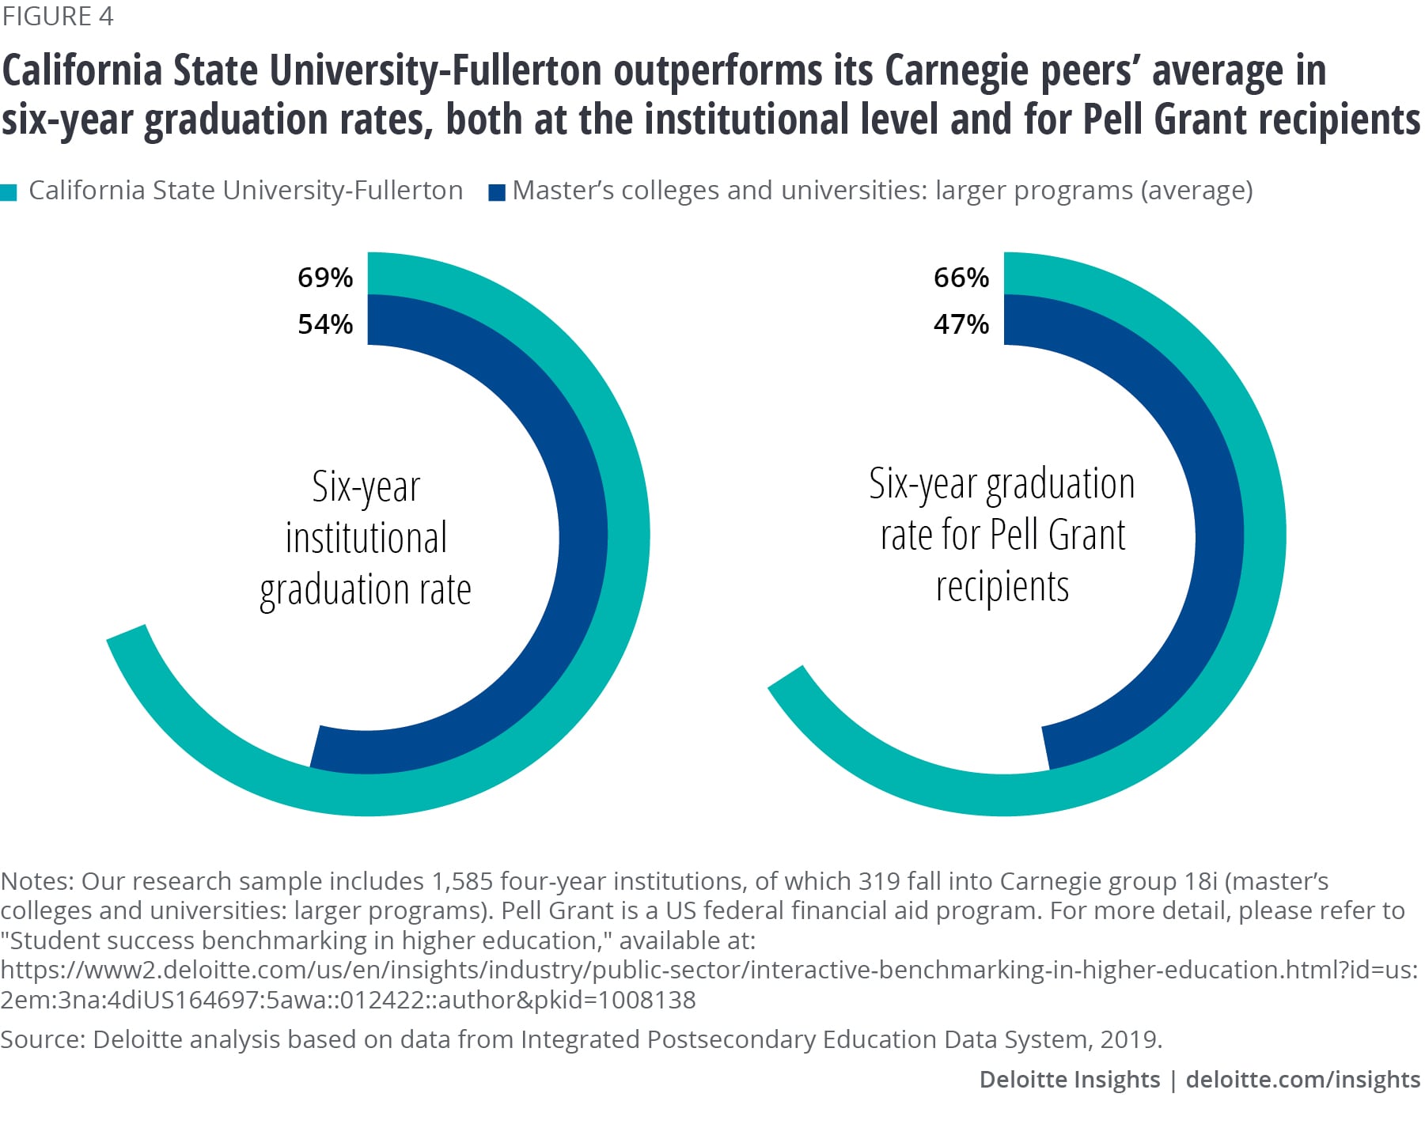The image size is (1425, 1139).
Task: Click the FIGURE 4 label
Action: tap(58, 17)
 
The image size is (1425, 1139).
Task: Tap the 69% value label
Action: tap(324, 278)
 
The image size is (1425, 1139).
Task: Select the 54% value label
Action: tap(324, 324)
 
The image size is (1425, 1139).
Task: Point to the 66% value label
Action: tap(961, 278)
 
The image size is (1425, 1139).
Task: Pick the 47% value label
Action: tap(961, 324)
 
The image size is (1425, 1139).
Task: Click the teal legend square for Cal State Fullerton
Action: tap(9, 192)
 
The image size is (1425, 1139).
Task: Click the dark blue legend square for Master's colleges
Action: tap(497, 192)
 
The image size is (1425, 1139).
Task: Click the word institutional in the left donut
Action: tap(366, 538)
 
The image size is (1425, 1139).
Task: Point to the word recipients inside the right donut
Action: tap(1002, 587)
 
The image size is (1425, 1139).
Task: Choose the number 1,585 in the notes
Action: tap(462, 881)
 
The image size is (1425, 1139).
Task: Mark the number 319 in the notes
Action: tap(880, 881)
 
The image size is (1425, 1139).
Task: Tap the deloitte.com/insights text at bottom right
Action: tap(1303, 1080)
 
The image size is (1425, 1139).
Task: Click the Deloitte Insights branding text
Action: tap(1069, 1080)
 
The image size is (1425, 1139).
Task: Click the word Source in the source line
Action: tap(42, 1039)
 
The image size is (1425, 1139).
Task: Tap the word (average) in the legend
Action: tap(1196, 191)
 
